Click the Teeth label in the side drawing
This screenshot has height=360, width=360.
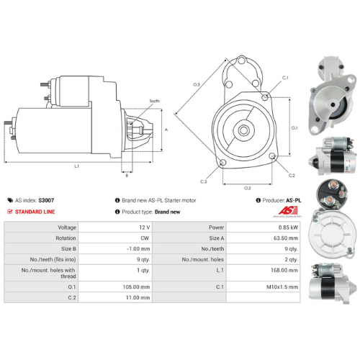tap(155, 101)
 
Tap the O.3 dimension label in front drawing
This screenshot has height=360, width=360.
tap(197, 84)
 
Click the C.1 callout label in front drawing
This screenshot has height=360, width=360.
tap(285, 78)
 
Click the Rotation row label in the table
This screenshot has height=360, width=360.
tap(66, 238)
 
